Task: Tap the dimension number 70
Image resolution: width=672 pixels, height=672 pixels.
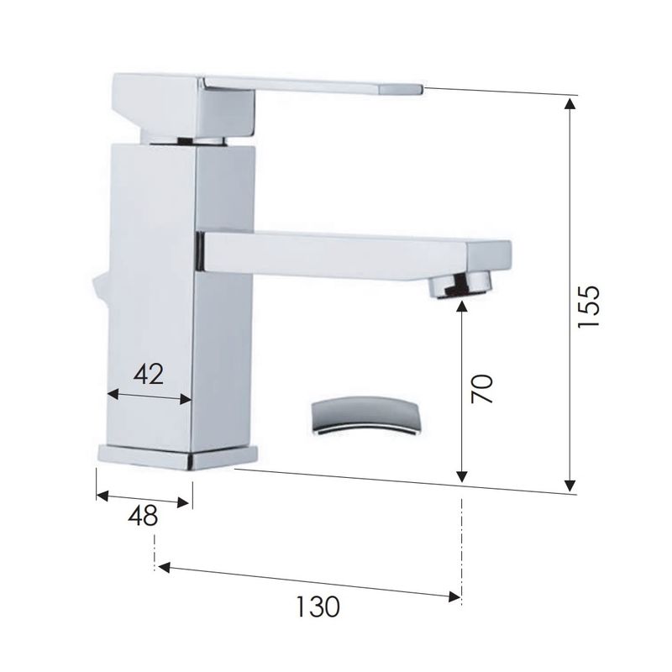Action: coord(481,389)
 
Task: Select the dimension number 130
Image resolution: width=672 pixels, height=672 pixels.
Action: coord(318,606)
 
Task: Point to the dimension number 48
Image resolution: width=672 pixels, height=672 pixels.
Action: coord(143,516)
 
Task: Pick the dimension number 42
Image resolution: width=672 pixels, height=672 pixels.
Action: coord(149,374)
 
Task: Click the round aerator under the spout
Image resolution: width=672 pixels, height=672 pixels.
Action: coord(461,286)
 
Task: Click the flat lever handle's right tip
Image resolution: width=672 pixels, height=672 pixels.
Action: coord(423,89)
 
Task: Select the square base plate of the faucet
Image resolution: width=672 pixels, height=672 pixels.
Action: coord(178,458)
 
